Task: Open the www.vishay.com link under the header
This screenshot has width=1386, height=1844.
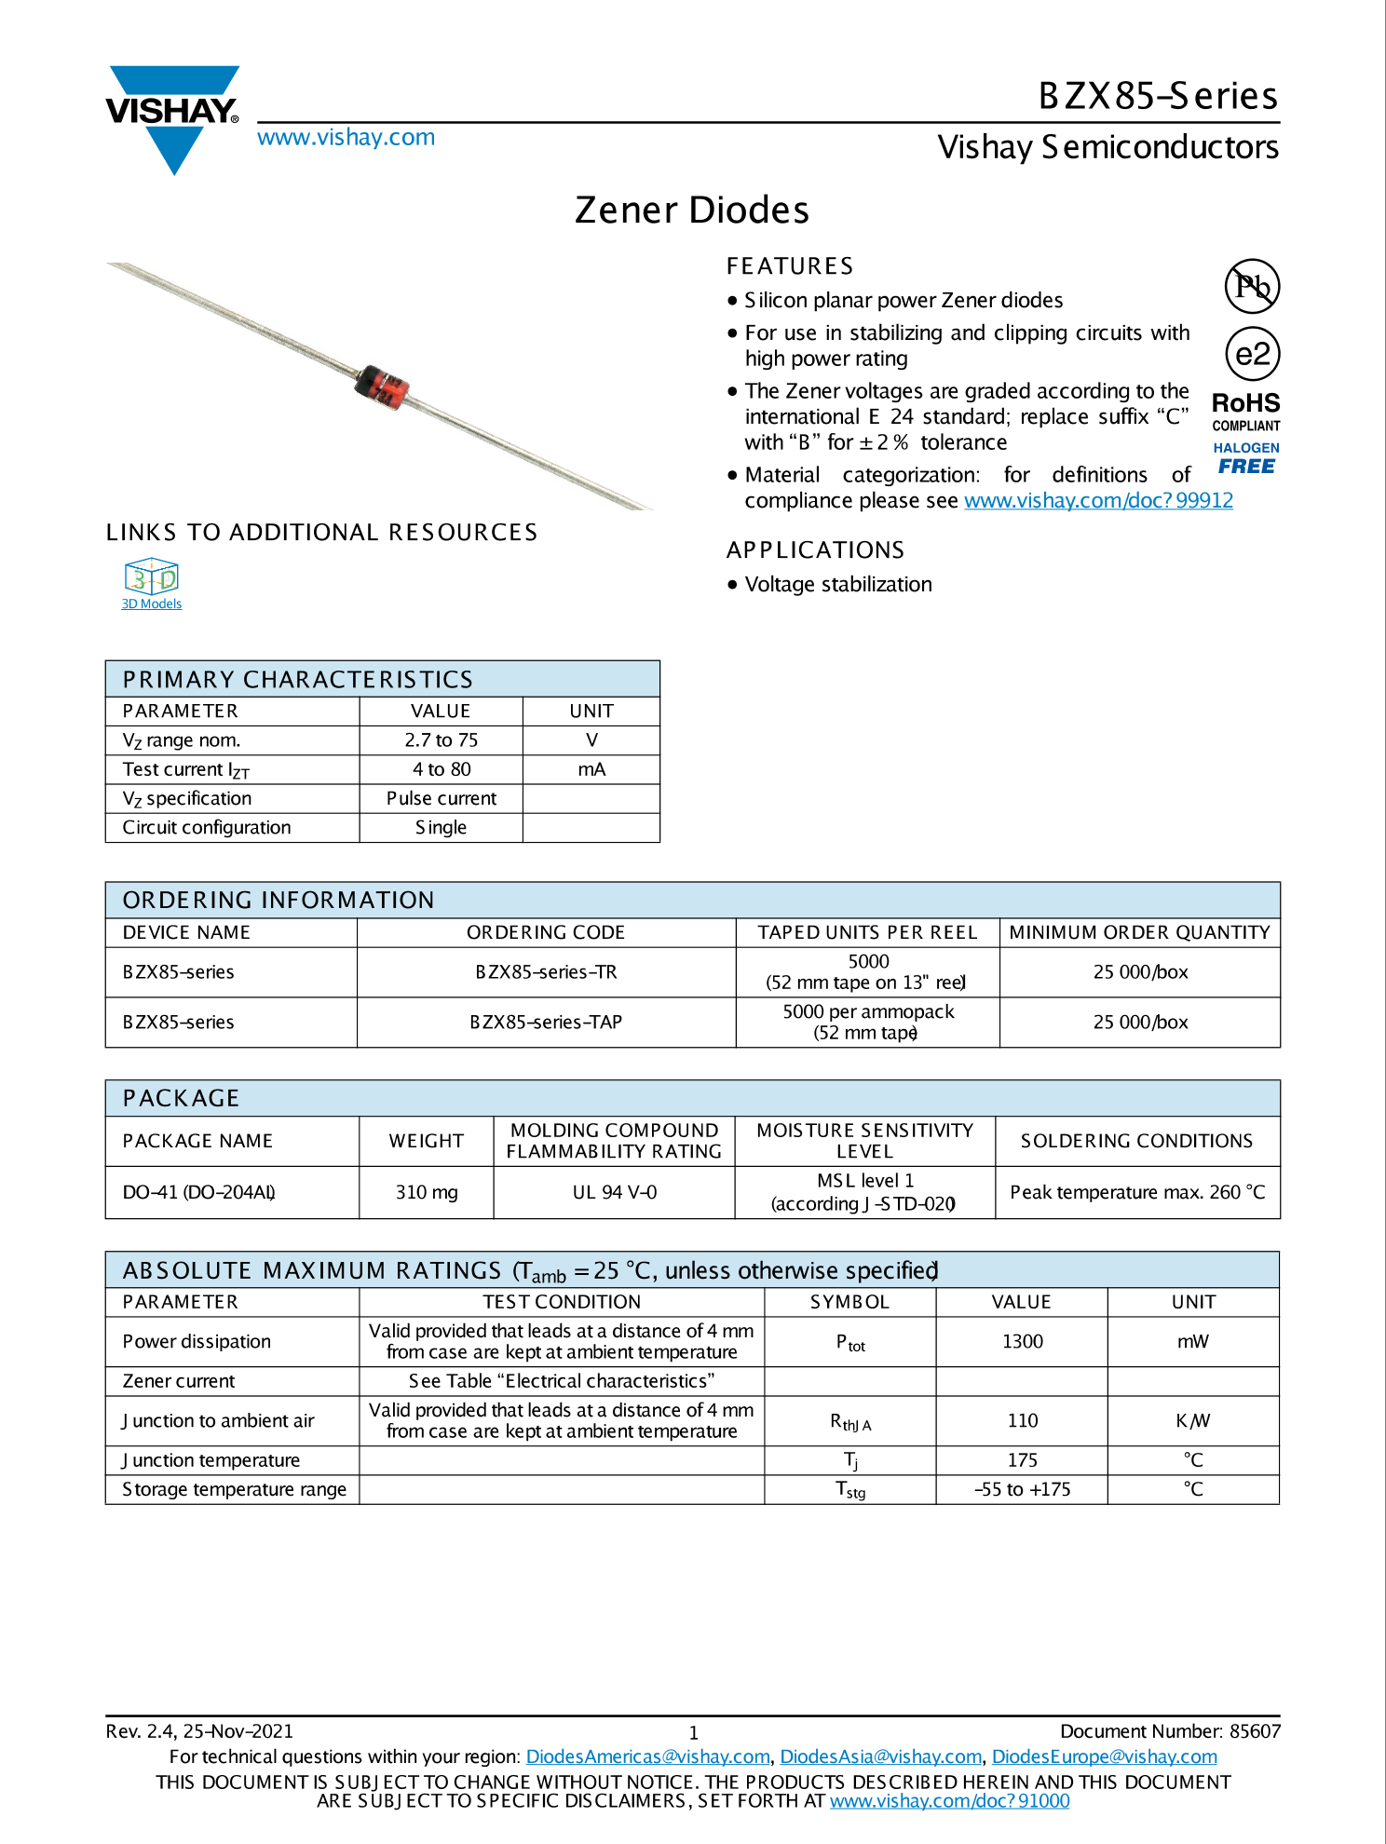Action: (346, 138)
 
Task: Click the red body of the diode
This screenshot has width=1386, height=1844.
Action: (383, 386)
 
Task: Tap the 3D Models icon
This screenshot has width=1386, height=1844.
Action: (151, 578)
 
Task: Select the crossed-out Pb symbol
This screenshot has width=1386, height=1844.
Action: (1252, 286)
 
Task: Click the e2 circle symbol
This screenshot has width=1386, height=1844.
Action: (1252, 354)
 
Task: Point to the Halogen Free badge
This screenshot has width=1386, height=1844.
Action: (1246, 458)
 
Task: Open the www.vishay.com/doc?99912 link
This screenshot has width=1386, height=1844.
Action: (1098, 501)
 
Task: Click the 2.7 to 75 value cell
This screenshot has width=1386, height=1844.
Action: (441, 740)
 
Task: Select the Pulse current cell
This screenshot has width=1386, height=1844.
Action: (441, 799)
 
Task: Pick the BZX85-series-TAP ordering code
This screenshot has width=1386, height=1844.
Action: (546, 1023)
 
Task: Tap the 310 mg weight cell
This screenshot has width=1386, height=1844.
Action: (426, 1193)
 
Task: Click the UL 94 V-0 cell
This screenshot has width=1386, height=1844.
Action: (614, 1193)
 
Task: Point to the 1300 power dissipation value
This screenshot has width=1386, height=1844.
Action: (1022, 1342)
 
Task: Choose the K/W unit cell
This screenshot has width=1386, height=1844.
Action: (1192, 1421)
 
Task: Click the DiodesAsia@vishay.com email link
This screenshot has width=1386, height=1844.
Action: (880, 1757)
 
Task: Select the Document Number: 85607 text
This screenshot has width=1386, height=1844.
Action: (1170, 1732)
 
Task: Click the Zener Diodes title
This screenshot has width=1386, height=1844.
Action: (692, 210)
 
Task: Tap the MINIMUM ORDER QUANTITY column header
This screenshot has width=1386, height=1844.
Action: (1139, 933)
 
